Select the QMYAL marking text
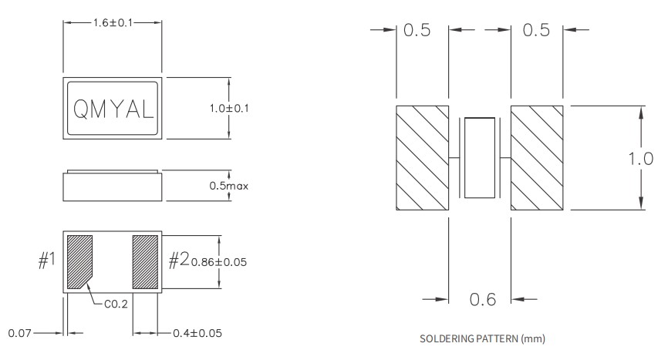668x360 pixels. (112, 109)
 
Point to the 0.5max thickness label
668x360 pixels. (229, 186)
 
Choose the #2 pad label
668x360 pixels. (179, 261)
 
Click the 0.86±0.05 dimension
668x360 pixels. (219, 262)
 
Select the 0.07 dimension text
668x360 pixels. (20, 334)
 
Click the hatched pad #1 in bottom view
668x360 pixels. (79, 261)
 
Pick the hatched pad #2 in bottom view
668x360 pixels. (145, 261)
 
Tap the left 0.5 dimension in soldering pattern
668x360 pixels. (417, 31)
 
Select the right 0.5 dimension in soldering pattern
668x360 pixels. (536, 31)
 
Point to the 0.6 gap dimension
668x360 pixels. (482, 299)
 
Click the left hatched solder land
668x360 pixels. (422, 157)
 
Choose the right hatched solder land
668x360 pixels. (538, 157)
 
